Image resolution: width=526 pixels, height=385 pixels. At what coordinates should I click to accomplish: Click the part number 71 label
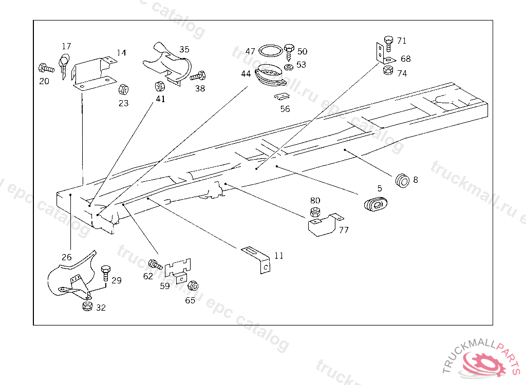tap(401, 41)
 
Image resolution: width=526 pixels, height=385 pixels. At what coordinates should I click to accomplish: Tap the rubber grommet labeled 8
tap(402, 180)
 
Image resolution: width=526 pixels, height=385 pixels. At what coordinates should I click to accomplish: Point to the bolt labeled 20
tap(46, 67)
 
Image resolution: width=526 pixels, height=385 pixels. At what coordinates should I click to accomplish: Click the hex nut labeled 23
tap(123, 90)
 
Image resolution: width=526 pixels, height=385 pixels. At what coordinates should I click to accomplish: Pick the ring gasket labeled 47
tap(270, 51)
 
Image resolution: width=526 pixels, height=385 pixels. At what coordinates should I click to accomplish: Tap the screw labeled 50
tap(289, 50)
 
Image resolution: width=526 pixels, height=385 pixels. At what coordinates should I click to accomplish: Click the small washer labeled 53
tap(289, 66)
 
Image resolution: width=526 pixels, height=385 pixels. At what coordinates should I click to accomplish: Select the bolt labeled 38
tap(198, 76)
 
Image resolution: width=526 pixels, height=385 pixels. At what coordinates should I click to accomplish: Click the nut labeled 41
tap(159, 86)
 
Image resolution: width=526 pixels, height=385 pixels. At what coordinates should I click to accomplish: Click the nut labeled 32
tap(87, 306)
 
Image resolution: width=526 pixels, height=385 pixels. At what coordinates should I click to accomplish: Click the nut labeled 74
tap(388, 71)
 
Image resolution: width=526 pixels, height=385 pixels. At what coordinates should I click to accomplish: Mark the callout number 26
tap(67, 257)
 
